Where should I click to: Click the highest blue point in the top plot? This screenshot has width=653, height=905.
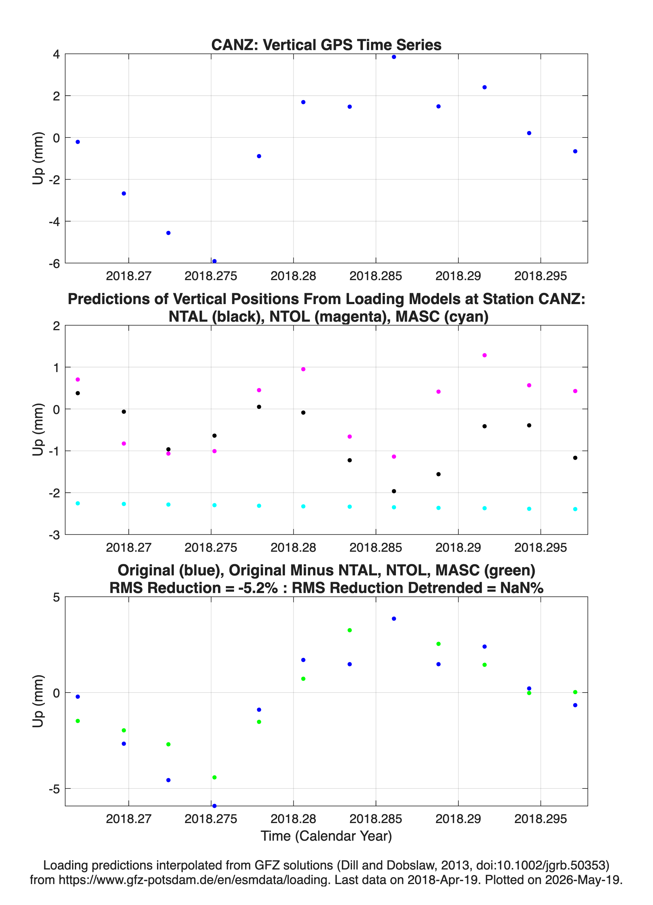[x=394, y=57]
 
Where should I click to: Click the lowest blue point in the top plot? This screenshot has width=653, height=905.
[x=214, y=261]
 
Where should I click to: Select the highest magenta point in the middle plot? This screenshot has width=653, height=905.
[x=485, y=355]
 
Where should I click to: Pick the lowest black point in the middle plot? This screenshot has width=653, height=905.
[x=394, y=491]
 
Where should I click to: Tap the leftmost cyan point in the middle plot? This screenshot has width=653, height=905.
[x=78, y=503]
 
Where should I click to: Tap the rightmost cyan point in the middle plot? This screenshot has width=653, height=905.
[x=575, y=509]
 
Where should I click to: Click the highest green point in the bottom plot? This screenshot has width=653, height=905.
[x=350, y=630]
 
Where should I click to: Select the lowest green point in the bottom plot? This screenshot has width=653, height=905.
[x=214, y=777]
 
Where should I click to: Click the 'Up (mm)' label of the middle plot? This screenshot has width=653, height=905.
[x=38, y=429]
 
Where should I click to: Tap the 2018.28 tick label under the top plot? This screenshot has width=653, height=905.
[x=293, y=276]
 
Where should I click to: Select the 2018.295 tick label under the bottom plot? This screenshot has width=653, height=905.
[x=541, y=819]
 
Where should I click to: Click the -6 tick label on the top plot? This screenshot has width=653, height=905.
[x=54, y=263]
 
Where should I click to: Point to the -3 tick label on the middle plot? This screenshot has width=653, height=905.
[x=54, y=535]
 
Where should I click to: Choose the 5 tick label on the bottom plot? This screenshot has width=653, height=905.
[x=56, y=597]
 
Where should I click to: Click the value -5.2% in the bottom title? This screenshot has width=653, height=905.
[x=258, y=588]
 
